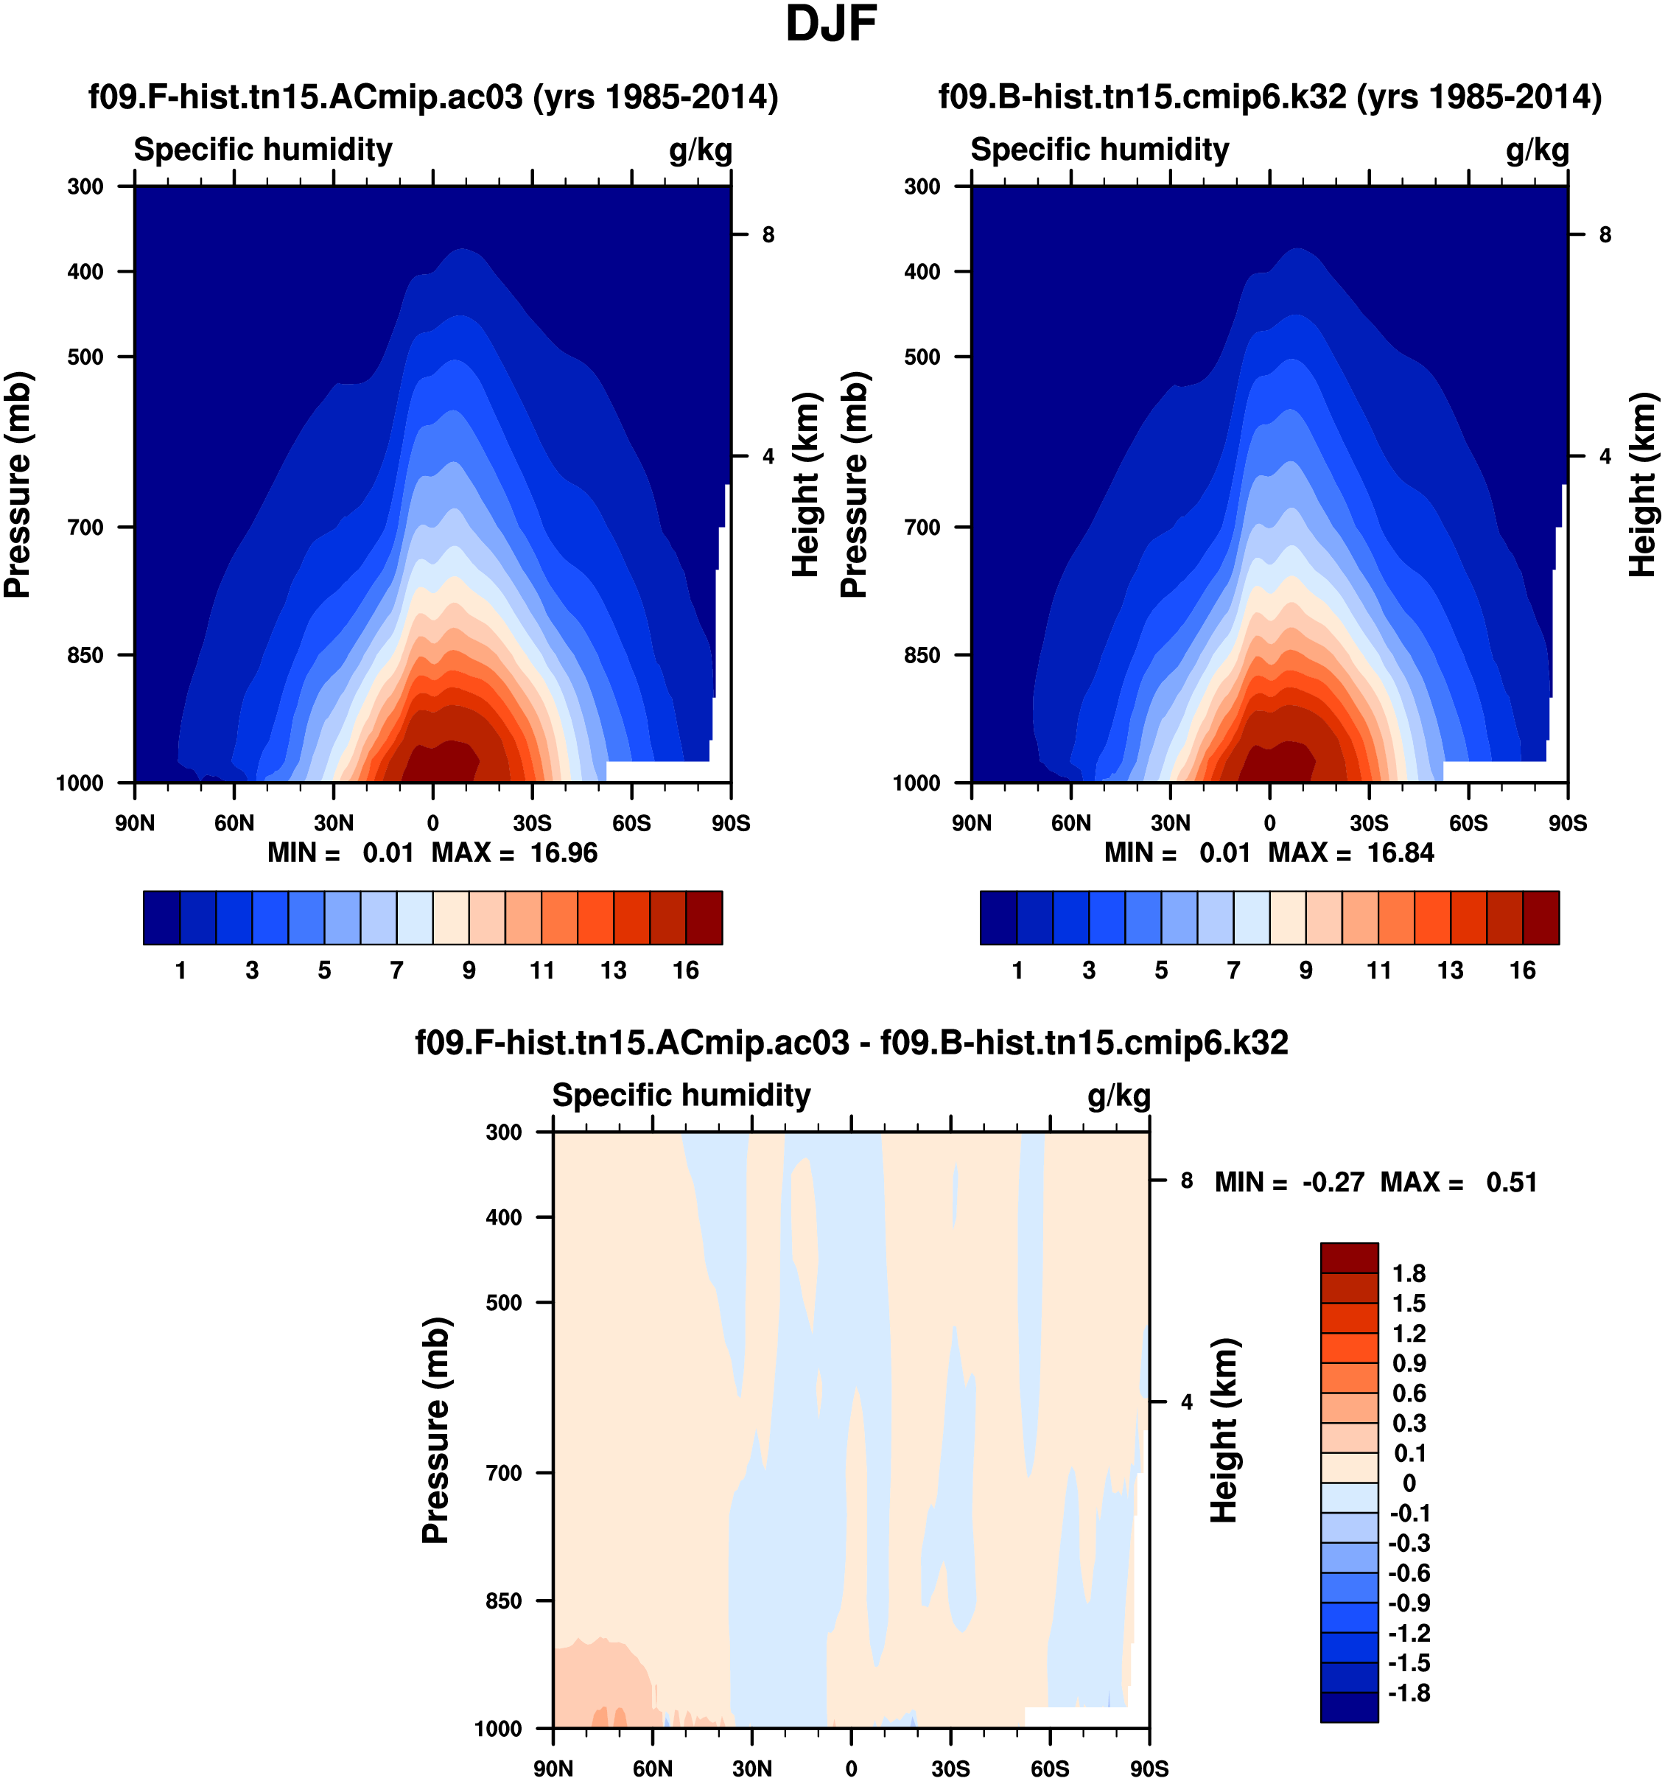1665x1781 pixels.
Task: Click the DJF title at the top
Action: (830, 25)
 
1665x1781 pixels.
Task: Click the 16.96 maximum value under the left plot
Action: (564, 853)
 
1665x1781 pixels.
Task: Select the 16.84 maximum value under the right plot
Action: (1400, 853)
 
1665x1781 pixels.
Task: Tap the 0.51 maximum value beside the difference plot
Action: (1512, 1183)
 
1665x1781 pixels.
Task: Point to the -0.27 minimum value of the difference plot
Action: (1333, 1183)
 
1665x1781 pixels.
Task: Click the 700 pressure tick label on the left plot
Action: (86, 528)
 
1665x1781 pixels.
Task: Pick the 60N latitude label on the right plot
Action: (1071, 823)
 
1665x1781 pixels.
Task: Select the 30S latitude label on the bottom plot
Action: (950, 1768)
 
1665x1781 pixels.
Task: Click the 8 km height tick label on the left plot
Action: (768, 235)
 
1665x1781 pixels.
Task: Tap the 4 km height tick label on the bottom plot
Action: (1187, 1402)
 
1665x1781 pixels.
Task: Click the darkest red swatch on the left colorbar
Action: (704, 917)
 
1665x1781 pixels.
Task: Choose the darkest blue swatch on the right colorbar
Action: (999, 917)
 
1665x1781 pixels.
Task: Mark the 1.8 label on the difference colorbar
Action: (1409, 1274)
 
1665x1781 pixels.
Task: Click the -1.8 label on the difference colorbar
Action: (1409, 1693)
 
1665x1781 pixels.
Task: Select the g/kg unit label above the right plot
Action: (1537, 150)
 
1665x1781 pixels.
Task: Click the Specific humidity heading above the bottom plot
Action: (681, 1096)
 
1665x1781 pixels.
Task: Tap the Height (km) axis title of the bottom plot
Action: (1224, 1432)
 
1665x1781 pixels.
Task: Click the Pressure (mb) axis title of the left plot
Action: (18, 484)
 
